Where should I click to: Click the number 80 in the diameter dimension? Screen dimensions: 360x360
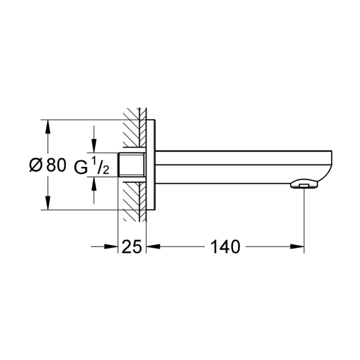pos(56,165)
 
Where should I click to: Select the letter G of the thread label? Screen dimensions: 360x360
pos(81,167)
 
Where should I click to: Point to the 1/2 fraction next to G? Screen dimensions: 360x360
pos(100,166)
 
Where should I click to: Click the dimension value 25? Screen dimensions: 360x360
pos(132,247)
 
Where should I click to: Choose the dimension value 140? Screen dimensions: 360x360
pos(225,247)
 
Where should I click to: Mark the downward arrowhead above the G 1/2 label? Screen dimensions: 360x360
pos(94,146)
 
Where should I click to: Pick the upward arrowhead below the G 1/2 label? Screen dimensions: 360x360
pos(94,183)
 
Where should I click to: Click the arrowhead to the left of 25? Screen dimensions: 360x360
pos(111,247)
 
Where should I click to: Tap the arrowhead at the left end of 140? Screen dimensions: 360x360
pos(153,247)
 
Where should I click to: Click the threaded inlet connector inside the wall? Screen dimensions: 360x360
pos(132,165)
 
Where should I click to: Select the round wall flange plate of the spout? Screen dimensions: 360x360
pos(151,165)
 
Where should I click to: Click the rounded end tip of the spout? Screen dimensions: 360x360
pos(328,167)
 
